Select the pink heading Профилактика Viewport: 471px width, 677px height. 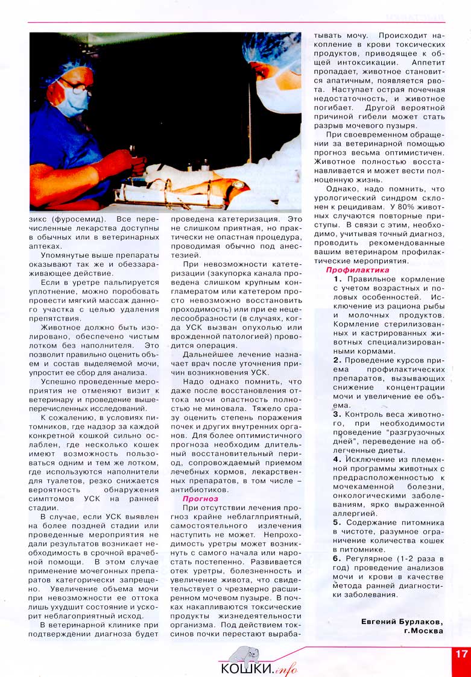coord(358,270)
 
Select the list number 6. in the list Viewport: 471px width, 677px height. coord(337,558)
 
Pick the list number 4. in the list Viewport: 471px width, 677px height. coord(337,459)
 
